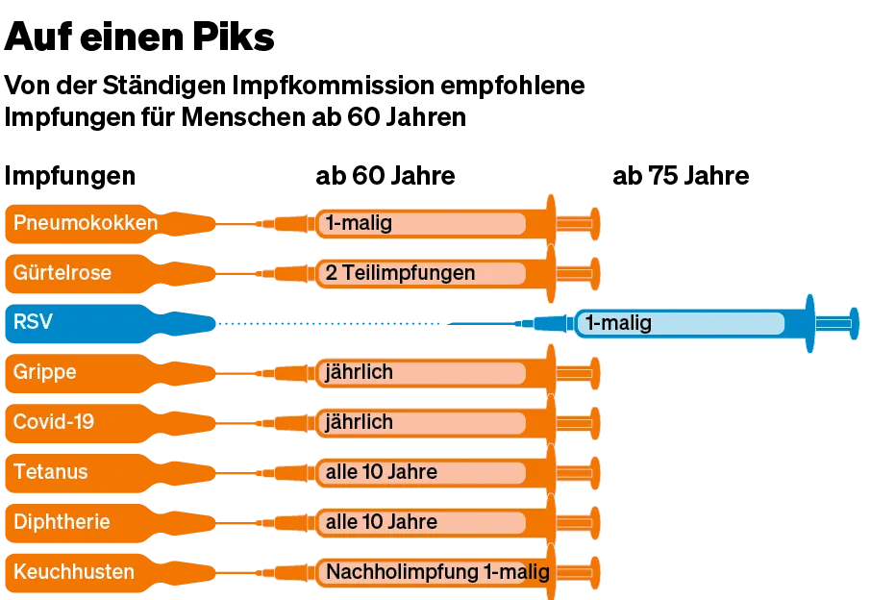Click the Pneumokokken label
tap(86, 223)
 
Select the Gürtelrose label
tap(62, 273)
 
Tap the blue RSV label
tap(34, 323)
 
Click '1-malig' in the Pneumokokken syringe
tap(359, 223)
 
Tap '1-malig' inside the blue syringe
tap(618, 323)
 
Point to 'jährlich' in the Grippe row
tap(360, 372)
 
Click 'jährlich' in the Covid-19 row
tap(360, 422)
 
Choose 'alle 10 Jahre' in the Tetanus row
tap(382, 472)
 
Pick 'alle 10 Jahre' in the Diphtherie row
tap(382, 522)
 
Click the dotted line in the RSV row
tap(327, 324)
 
